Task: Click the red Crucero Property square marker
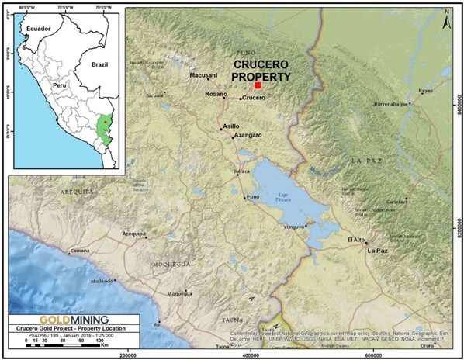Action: (258, 86)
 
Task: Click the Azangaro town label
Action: (248, 136)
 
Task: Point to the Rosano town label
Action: (216, 94)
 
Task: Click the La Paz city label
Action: (378, 251)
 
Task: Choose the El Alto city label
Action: (356, 240)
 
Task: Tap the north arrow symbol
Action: (447, 18)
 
